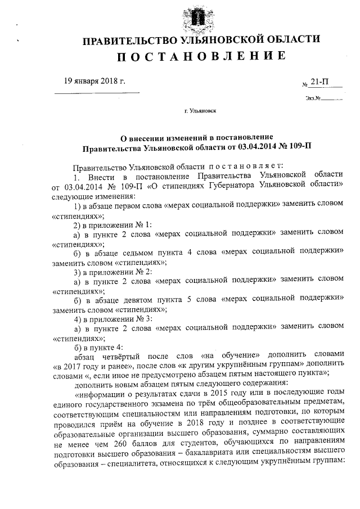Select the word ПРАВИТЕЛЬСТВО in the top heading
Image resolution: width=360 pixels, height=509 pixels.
(123, 39)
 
